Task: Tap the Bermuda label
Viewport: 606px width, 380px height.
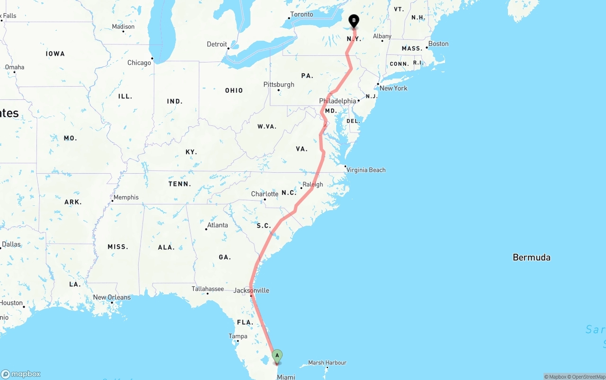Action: click(x=531, y=257)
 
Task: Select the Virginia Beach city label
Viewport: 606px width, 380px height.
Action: click(x=365, y=170)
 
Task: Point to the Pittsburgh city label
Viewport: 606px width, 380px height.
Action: click(x=279, y=85)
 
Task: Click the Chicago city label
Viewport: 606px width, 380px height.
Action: click(x=139, y=62)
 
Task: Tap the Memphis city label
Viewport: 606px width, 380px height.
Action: click(x=126, y=197)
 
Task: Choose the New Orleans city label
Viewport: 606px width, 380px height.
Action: click(x=112, y=297)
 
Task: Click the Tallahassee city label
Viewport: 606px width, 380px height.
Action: click(x=208, y=289)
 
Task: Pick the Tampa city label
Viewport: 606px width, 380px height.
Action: click(x=238, y=336)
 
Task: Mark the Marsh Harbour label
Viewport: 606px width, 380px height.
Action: click(x=327, y=363)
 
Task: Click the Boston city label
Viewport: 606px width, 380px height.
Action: click(x=438, y=44)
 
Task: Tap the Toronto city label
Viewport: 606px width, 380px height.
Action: click(x=302, y=14)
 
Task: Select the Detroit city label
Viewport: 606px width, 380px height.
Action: click(x=217, y=44)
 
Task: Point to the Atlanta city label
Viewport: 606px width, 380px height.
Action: click(x=217, y=225)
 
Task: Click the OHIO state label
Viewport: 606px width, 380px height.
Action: click(x=234, y=90)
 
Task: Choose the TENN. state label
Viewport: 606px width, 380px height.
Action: click(x=180, y=184)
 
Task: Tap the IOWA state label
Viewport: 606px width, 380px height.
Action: click(x=55, y=54)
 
